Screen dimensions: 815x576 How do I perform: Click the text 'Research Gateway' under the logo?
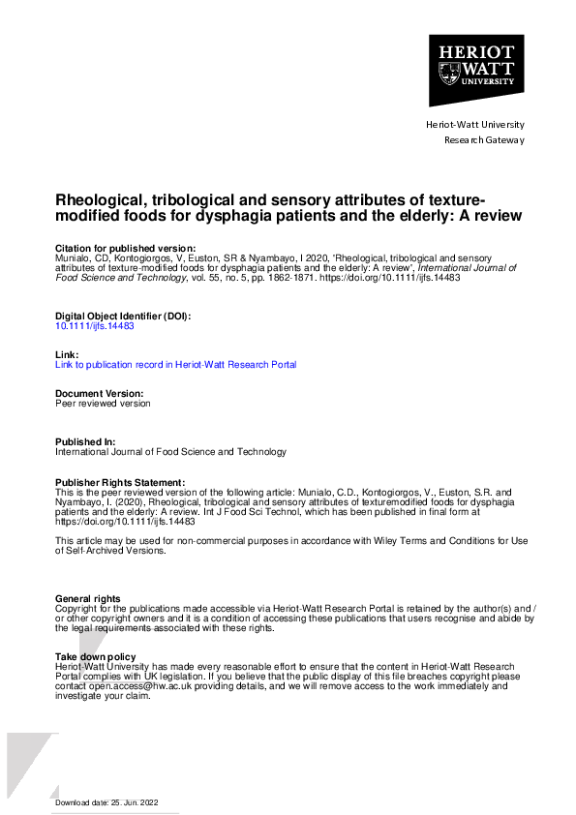click(484, 140)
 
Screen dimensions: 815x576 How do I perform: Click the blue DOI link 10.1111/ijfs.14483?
click(94, 326)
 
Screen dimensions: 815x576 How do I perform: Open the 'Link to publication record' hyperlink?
click(175, 365)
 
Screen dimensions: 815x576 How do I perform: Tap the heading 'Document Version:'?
click(100, 394)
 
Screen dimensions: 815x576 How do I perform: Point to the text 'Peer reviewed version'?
click(103, 404)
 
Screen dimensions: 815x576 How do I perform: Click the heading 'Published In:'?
click(87, 441)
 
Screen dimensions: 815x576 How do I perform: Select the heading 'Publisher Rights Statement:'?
click(119, 482)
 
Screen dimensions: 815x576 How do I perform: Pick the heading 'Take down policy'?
click(95, 657)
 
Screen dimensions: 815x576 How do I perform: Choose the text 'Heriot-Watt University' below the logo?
click(475, 125)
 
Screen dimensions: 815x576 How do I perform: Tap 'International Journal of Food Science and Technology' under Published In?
click(170, 452)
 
